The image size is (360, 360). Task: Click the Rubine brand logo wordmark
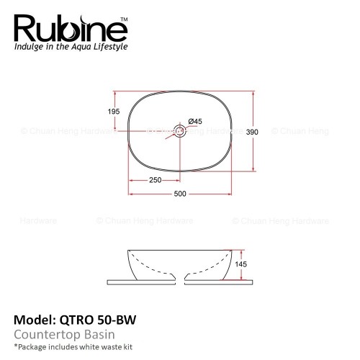point(71,29)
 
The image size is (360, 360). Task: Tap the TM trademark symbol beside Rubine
point(124,19)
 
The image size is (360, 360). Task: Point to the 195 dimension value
point(114,112)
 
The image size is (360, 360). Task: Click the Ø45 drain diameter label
point(195,121)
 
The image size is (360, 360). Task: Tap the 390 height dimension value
point(252,132)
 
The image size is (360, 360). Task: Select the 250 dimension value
point(156,180)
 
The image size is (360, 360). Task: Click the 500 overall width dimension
point(180,194)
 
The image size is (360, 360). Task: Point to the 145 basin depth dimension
point(240,264)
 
